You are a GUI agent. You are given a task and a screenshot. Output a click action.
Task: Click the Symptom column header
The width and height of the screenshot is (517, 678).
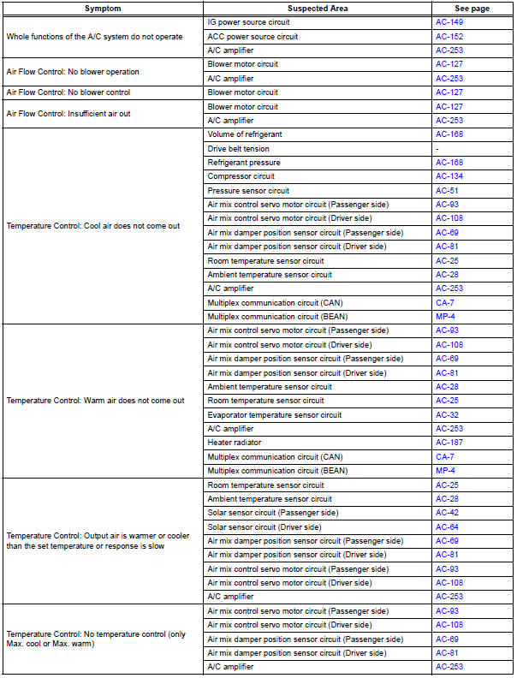(x=103, y=8)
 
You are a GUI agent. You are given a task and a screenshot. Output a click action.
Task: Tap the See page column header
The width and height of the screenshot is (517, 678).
(x=471, y=8)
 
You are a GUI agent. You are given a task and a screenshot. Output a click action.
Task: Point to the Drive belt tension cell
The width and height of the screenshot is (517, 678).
(x=238, y=148)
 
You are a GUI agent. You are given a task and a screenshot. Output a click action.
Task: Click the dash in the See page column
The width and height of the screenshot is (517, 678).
(x=437, y=148)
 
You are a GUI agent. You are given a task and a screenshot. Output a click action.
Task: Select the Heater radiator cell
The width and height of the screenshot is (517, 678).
(x=231, y=443)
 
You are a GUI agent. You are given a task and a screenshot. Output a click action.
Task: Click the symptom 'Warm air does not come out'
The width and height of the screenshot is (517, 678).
(x=95, y=401)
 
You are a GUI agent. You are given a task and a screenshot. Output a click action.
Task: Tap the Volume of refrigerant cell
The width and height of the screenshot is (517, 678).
(x=245, y=134)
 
